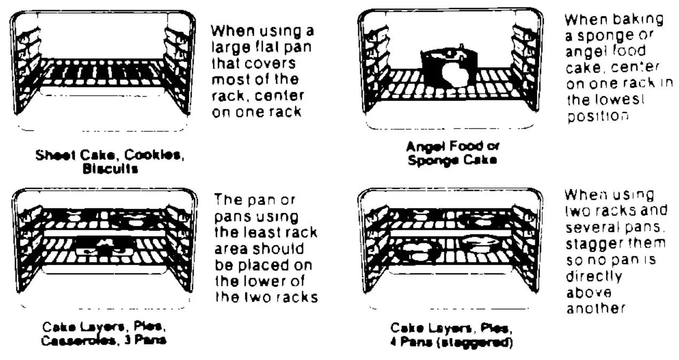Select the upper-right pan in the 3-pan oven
coord(132,218)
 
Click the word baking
coord(638,20)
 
